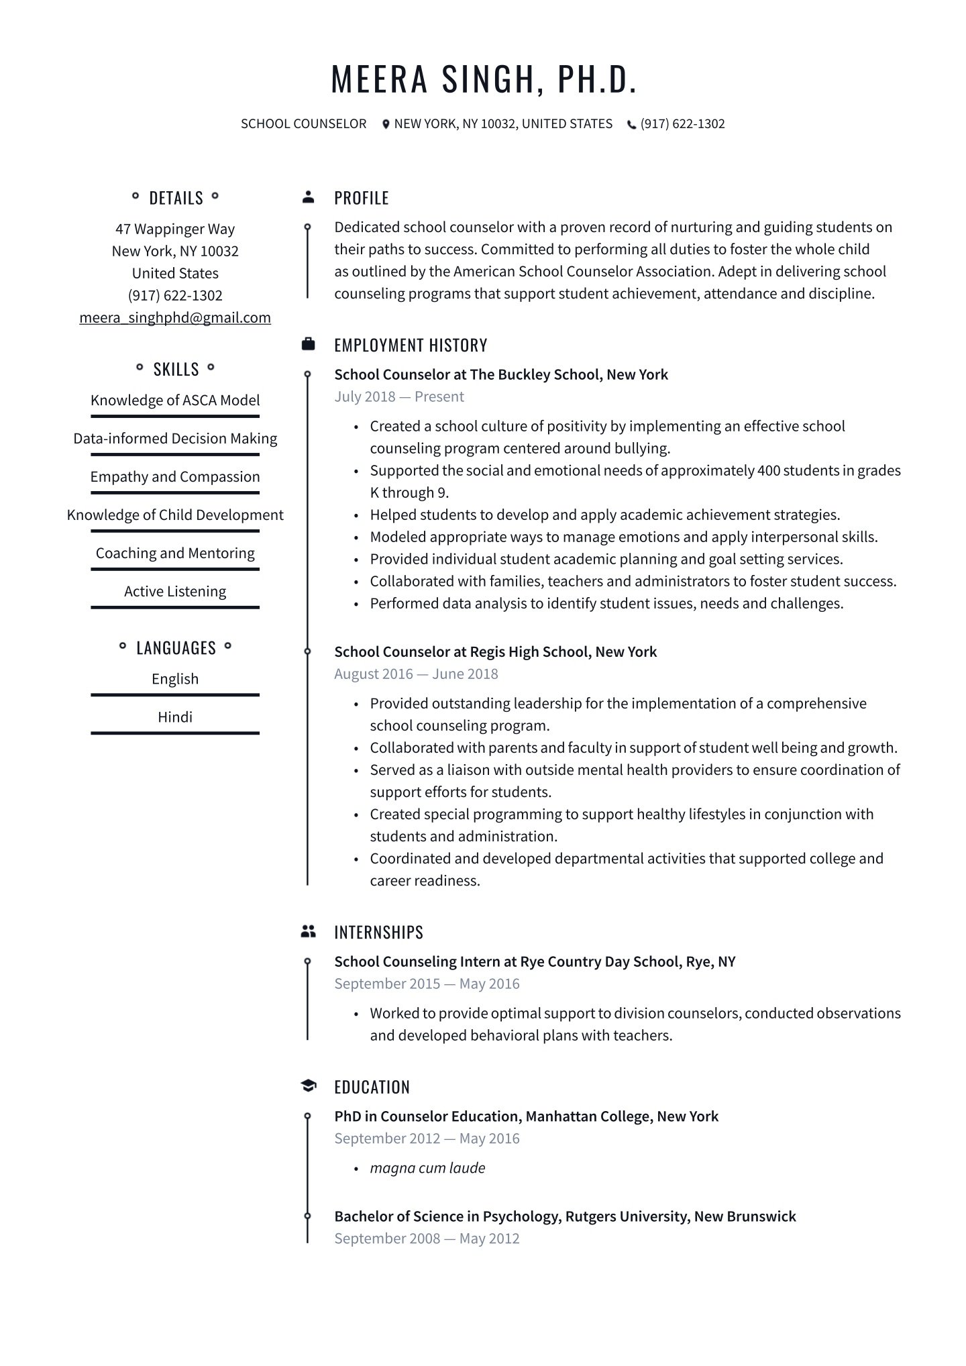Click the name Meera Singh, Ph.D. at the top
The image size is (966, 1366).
coord(483,78)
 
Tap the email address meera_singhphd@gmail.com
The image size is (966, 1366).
coord(175,317)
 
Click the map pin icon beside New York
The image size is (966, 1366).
coord(386,124)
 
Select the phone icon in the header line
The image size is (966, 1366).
coord(631,124)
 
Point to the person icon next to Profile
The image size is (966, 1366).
coord(308,197)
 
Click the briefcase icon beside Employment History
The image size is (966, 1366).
coord(308,344)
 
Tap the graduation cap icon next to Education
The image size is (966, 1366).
coord(308,1086)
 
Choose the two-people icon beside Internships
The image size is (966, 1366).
coord(308,931)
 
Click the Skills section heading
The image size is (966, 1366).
coord(176,369)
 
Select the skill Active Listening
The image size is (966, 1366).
coord(175,591)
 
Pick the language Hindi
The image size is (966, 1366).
coord(175,717)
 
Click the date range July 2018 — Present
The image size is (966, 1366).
coord(399,397)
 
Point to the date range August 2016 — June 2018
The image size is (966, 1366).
coord(416,674)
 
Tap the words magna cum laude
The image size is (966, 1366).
coord(427,1167)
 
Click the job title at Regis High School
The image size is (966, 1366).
coord(495,651)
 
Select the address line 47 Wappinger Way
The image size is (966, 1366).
coord(175,229)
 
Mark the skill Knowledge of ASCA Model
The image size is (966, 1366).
coord(175,400)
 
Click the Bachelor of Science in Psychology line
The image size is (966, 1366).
coord(565,1216)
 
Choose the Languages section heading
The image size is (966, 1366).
coord(176,647)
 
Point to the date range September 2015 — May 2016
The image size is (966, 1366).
coord(427,984)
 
